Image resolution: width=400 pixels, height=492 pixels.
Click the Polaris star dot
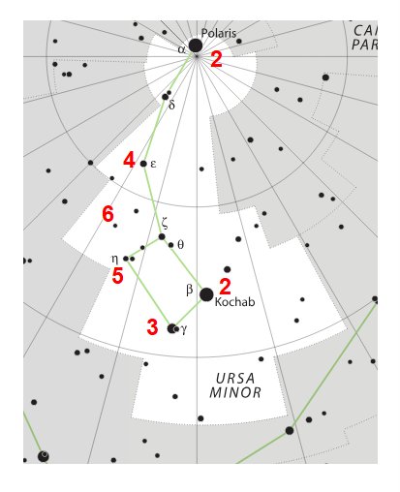[x=196, y=46]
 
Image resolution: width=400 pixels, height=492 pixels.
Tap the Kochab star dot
[x=206, y=294]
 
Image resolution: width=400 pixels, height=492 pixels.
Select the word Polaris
[x=219, y=33]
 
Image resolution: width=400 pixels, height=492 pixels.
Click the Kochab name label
[x=234, y=302]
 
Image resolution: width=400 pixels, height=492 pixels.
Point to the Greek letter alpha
[x=182, y=49]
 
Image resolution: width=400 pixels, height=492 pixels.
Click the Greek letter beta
[x=190, y=290]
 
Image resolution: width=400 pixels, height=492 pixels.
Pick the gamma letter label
[x=184, y=329]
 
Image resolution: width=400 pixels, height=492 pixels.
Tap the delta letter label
[x=171, y=105]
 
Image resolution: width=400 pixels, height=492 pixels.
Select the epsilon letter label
[x=153, y=164]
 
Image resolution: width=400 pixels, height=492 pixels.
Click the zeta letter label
[x=165, y=223]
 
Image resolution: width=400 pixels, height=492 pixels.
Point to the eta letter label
[x=114, y=259]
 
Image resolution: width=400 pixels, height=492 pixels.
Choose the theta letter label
[x=181, y=245]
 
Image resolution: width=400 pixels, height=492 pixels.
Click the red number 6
[x=108, y=214]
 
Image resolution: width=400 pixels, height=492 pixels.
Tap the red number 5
[x=117, y=276]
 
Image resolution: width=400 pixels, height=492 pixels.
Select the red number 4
[x=129, y=160]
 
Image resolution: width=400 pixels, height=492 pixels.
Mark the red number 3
[x=152, y=327]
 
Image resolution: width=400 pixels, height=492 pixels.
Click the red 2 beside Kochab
[x=225, y=287]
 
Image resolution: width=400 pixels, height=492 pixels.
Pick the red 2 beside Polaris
[x=216, y=59]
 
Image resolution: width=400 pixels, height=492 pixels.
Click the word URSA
[x=235, y=379]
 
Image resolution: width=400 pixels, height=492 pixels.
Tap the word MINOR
[x=235, y=393]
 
